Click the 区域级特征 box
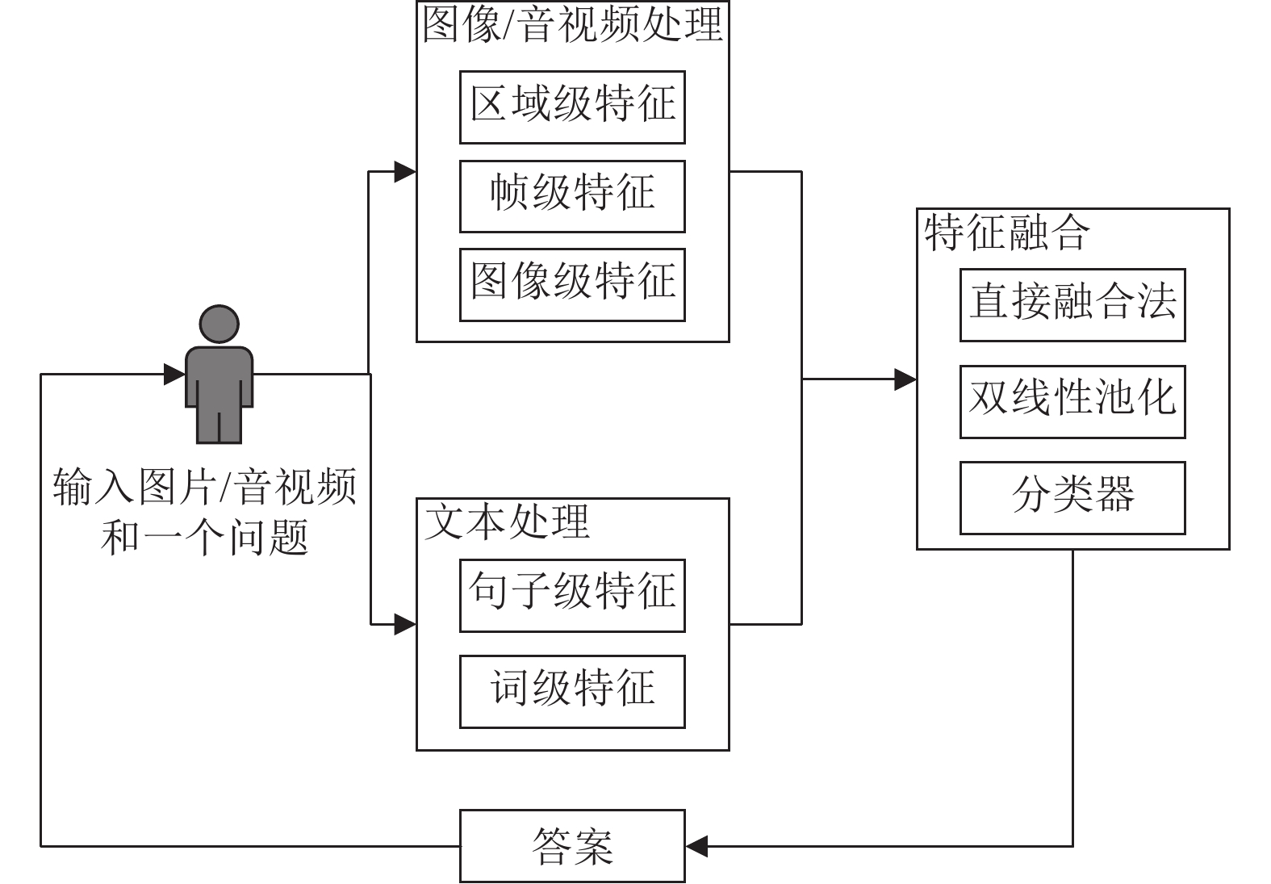[x=572, y=107]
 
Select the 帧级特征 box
[x=572, y=196]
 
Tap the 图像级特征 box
[x=572, y=285]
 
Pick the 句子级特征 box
[x=572, y=596]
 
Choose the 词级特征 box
[x=572, y=692]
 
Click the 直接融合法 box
[x=1072, y=305]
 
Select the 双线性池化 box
[x=1072, y=401]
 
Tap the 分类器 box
[x=1072, y=498]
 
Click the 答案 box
[x=572, y=846]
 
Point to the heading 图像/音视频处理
[x=572, y=24]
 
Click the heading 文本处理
[x=507, y=522]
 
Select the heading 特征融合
[x=1007, y=233]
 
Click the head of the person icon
[x=219, y=325]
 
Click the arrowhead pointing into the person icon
[x=174, y=374]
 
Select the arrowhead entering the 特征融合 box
[x=905, y=379]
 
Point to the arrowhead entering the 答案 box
[x=696, y=846]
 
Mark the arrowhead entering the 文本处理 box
[x=405, y=624]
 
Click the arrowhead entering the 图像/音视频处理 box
[x=405, y=171]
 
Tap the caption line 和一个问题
[x=205, y=538]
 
